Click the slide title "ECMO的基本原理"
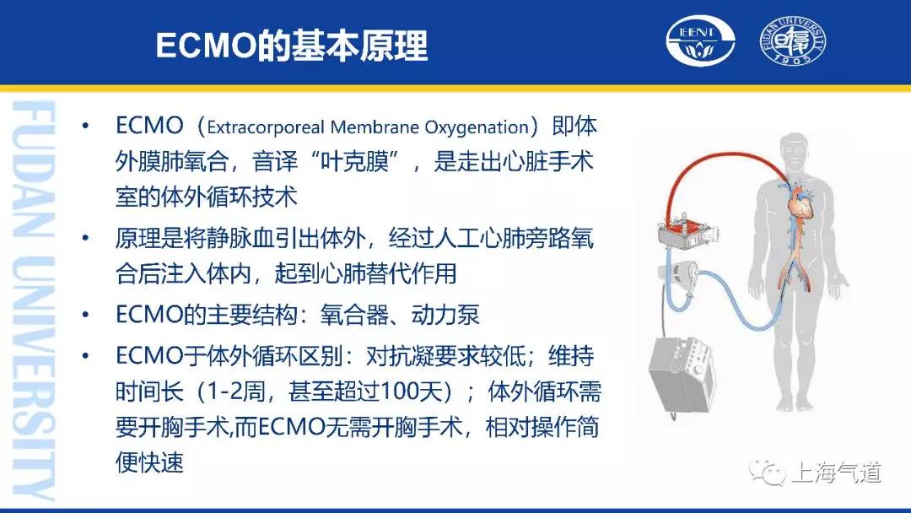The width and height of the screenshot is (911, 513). click(292, 46)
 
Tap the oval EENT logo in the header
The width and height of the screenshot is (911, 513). click(700, 40)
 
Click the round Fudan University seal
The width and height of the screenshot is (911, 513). click(793, 40)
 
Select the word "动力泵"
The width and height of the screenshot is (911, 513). click(445, 315)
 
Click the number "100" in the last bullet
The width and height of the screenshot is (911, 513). click(385, 391)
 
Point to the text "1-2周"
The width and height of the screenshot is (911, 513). click(234, 391)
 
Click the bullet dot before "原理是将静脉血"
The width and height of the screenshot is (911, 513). click(86, 238)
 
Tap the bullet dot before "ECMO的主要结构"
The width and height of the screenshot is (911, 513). click(86, 315)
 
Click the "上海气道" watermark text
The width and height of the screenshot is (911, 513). click(836, 472)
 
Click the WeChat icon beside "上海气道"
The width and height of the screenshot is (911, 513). click(767, 472)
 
